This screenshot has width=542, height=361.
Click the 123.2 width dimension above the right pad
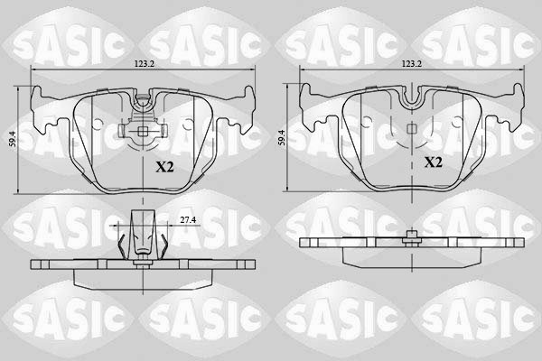[412, 64]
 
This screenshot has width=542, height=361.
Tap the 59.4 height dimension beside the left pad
[14, 139]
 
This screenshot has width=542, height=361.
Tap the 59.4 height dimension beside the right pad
[282, 137]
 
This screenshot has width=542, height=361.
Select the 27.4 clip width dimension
[188, 219]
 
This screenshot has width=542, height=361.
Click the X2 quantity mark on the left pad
[164, 168]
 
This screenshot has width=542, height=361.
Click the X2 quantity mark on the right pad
[433, 162]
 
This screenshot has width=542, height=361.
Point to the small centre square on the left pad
[143, 131]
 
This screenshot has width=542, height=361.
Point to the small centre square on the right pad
[411, 128]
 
